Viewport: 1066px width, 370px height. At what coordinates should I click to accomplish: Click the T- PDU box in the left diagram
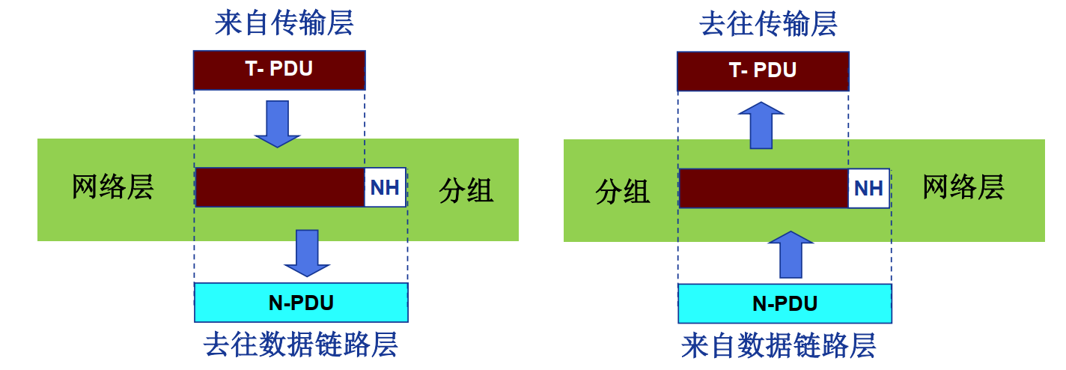click(279, 70)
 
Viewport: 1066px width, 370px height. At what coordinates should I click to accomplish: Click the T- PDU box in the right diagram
click(763, 71)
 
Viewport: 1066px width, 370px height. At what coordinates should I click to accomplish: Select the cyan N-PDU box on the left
click(301, 303)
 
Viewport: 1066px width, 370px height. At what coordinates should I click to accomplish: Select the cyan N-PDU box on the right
click(785, 304)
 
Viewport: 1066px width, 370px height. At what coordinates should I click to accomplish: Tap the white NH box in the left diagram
click(385, 187)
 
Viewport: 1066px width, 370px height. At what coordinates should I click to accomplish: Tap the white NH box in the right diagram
click(868, 188)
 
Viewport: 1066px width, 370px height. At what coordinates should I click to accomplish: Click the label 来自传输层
click(284, 23)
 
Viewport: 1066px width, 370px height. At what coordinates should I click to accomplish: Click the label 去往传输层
click(768, 24)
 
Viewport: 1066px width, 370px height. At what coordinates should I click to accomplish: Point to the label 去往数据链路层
click(301, 345)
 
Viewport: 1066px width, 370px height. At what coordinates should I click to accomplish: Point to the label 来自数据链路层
click(779, 346)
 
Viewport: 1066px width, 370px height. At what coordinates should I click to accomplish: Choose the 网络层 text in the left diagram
click(112, 187)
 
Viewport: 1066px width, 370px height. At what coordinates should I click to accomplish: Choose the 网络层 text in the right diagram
click(963, 187)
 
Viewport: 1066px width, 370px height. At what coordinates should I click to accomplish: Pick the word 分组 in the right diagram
click(622, 192)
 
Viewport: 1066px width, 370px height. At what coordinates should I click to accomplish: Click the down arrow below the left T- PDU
click(277, 123)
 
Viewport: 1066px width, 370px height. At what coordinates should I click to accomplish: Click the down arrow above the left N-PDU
click(307, 252)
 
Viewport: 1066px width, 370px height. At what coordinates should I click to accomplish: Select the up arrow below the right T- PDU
click(761, 124)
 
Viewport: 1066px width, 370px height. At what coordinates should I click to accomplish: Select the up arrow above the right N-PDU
click(791, 253)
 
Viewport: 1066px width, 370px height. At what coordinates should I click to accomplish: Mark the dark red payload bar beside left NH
click(280, 187)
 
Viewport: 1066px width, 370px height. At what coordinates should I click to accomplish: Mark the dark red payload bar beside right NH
click(764, 188)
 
